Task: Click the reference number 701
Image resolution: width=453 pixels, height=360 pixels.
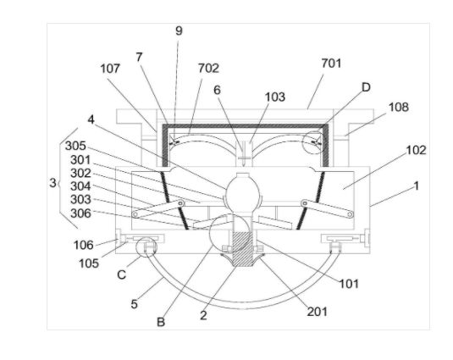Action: click(x=331, y=64)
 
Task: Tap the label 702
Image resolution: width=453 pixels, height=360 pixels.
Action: click(x=208, y=68)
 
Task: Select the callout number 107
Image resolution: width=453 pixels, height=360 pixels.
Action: click(x=110, y=69)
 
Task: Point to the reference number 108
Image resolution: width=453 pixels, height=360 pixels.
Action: click(x=399, y=108)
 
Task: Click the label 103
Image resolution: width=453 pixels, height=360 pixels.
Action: click(x=275, y=97)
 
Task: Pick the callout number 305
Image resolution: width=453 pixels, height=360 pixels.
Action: click(x=75, y=146)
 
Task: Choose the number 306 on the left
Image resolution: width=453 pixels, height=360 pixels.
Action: click(x=81, y=213)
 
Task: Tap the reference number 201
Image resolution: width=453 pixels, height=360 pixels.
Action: click(x=318, y=312)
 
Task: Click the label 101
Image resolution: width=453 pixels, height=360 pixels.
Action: click(x=349, y=284)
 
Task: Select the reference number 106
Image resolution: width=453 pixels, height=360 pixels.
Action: click(x=84, y=246)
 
